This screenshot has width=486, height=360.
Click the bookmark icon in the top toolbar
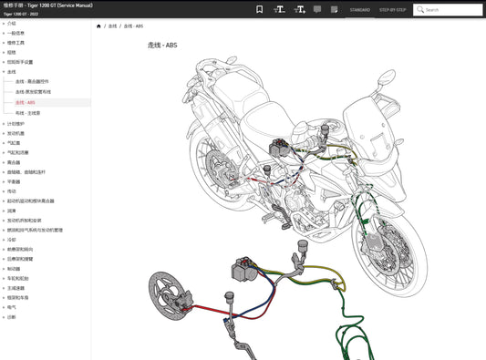click(x=260, y=9)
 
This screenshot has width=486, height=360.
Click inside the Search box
click(x=450, y=10)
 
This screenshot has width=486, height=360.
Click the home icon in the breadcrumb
click(x=98, y=26)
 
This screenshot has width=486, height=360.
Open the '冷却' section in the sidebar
click(x=11, y=239)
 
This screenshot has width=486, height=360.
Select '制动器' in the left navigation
click(x=14, y=268)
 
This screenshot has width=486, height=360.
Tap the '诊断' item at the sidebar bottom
click(x=11, y=317)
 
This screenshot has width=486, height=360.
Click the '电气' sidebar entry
click(x=11, y=307)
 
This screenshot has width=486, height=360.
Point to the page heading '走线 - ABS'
click(x=164, y=45)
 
